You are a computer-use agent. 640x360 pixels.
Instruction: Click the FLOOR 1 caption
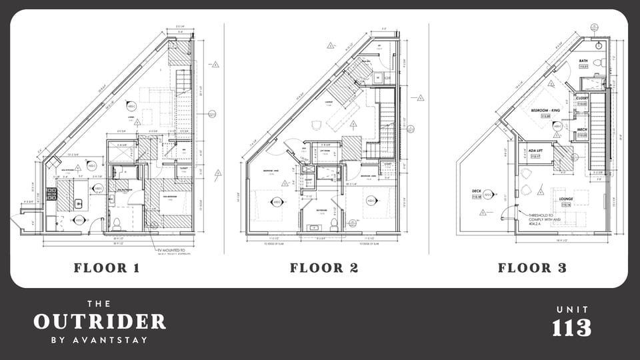107,268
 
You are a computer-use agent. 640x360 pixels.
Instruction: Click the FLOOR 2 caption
325,268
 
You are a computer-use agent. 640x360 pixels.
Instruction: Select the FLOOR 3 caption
532,268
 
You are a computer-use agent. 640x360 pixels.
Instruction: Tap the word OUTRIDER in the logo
99,322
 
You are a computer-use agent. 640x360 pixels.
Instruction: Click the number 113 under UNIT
571,328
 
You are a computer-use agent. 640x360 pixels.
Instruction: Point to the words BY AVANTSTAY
99,340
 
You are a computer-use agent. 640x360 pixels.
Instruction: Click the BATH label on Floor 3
583,61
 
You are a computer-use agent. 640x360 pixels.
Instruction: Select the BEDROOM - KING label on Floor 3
544,109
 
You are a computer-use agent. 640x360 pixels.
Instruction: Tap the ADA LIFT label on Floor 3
537,151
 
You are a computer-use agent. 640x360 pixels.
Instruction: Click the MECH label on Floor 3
582,129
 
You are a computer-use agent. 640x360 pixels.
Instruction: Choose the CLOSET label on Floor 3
582,98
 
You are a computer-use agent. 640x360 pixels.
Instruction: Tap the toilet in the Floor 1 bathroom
117,222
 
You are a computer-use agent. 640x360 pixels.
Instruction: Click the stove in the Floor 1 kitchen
51,194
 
